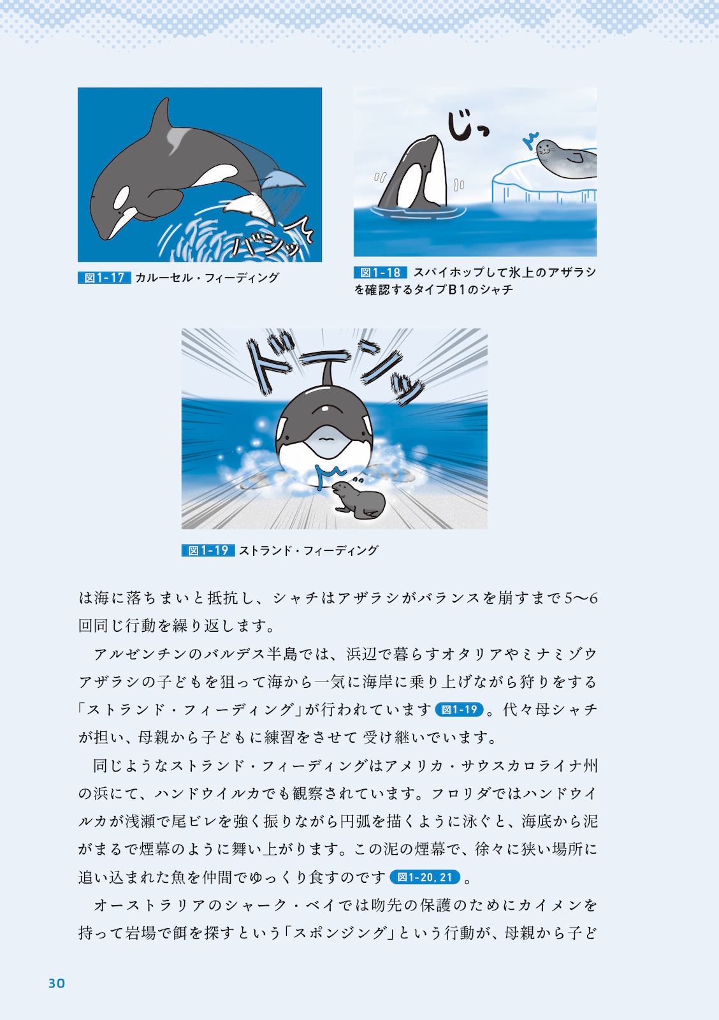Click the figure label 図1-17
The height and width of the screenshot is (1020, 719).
104,277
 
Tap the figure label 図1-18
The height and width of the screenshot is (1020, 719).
380,272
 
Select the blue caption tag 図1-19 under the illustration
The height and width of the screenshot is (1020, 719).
208,550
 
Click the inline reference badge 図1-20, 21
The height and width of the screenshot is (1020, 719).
425,877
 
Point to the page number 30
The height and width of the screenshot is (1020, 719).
57,983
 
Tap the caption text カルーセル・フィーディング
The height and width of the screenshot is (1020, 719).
207,277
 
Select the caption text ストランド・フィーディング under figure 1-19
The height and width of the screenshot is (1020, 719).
309,550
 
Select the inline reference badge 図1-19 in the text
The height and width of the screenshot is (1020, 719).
459,710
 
